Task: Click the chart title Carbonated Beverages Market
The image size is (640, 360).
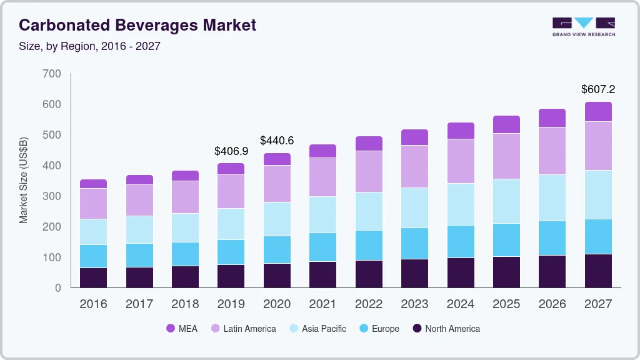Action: pyautogui.click(x=137, y=25)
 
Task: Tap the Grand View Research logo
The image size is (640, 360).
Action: pyautogui.click(x=583, y=26)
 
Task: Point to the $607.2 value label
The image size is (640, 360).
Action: pyautogui.click(x=598, y=89)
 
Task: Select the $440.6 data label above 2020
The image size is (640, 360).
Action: pyautogui.click(x=277, y=141)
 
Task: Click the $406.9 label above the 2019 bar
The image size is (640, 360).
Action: pyautogui.click(x=231, y=151)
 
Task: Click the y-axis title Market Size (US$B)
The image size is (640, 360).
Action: pyautogui.click(x=24, y=181)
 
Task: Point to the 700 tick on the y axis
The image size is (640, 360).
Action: pyautogui.click(x=52, y=74)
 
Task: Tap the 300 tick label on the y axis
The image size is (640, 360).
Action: pyautogui.click(x=52, y=196)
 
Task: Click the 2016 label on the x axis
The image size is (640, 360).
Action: pyautogui.click(x=93, y=304)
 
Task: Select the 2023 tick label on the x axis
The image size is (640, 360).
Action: pyautogui.click(x=414, y=304)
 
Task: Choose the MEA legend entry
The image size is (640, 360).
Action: pyautogui.click(x=181, y=328)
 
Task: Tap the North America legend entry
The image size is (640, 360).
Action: pyautogui.click(x=446, y=328)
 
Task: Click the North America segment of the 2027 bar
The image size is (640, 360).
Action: pyautogui.click(x=598, y=271)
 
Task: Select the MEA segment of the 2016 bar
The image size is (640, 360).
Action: pyautogui.click(x=93, y=184)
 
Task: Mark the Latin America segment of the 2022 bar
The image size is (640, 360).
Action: pyautogui.click(x=369, y=171)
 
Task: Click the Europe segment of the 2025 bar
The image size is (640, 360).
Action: pyautogui.click(x=506, y=240)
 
